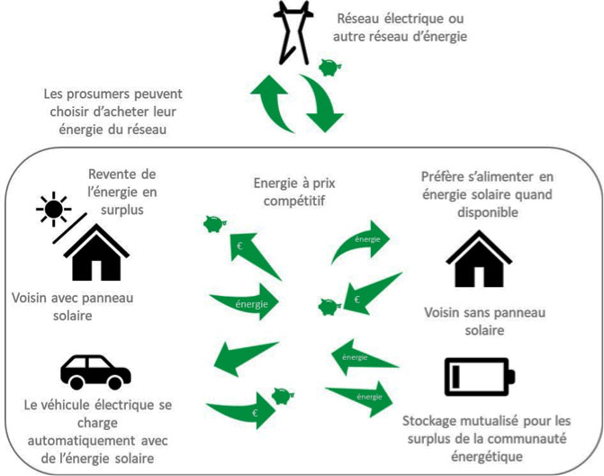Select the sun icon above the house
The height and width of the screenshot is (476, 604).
[53, 210]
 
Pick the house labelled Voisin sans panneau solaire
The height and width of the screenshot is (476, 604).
[479, 257]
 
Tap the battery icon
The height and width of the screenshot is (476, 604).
[479, 376]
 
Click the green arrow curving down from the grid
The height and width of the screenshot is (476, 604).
[320, 102]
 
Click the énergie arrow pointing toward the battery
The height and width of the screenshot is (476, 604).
[360, 396]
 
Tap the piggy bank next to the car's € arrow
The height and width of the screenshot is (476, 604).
[284, 397]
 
